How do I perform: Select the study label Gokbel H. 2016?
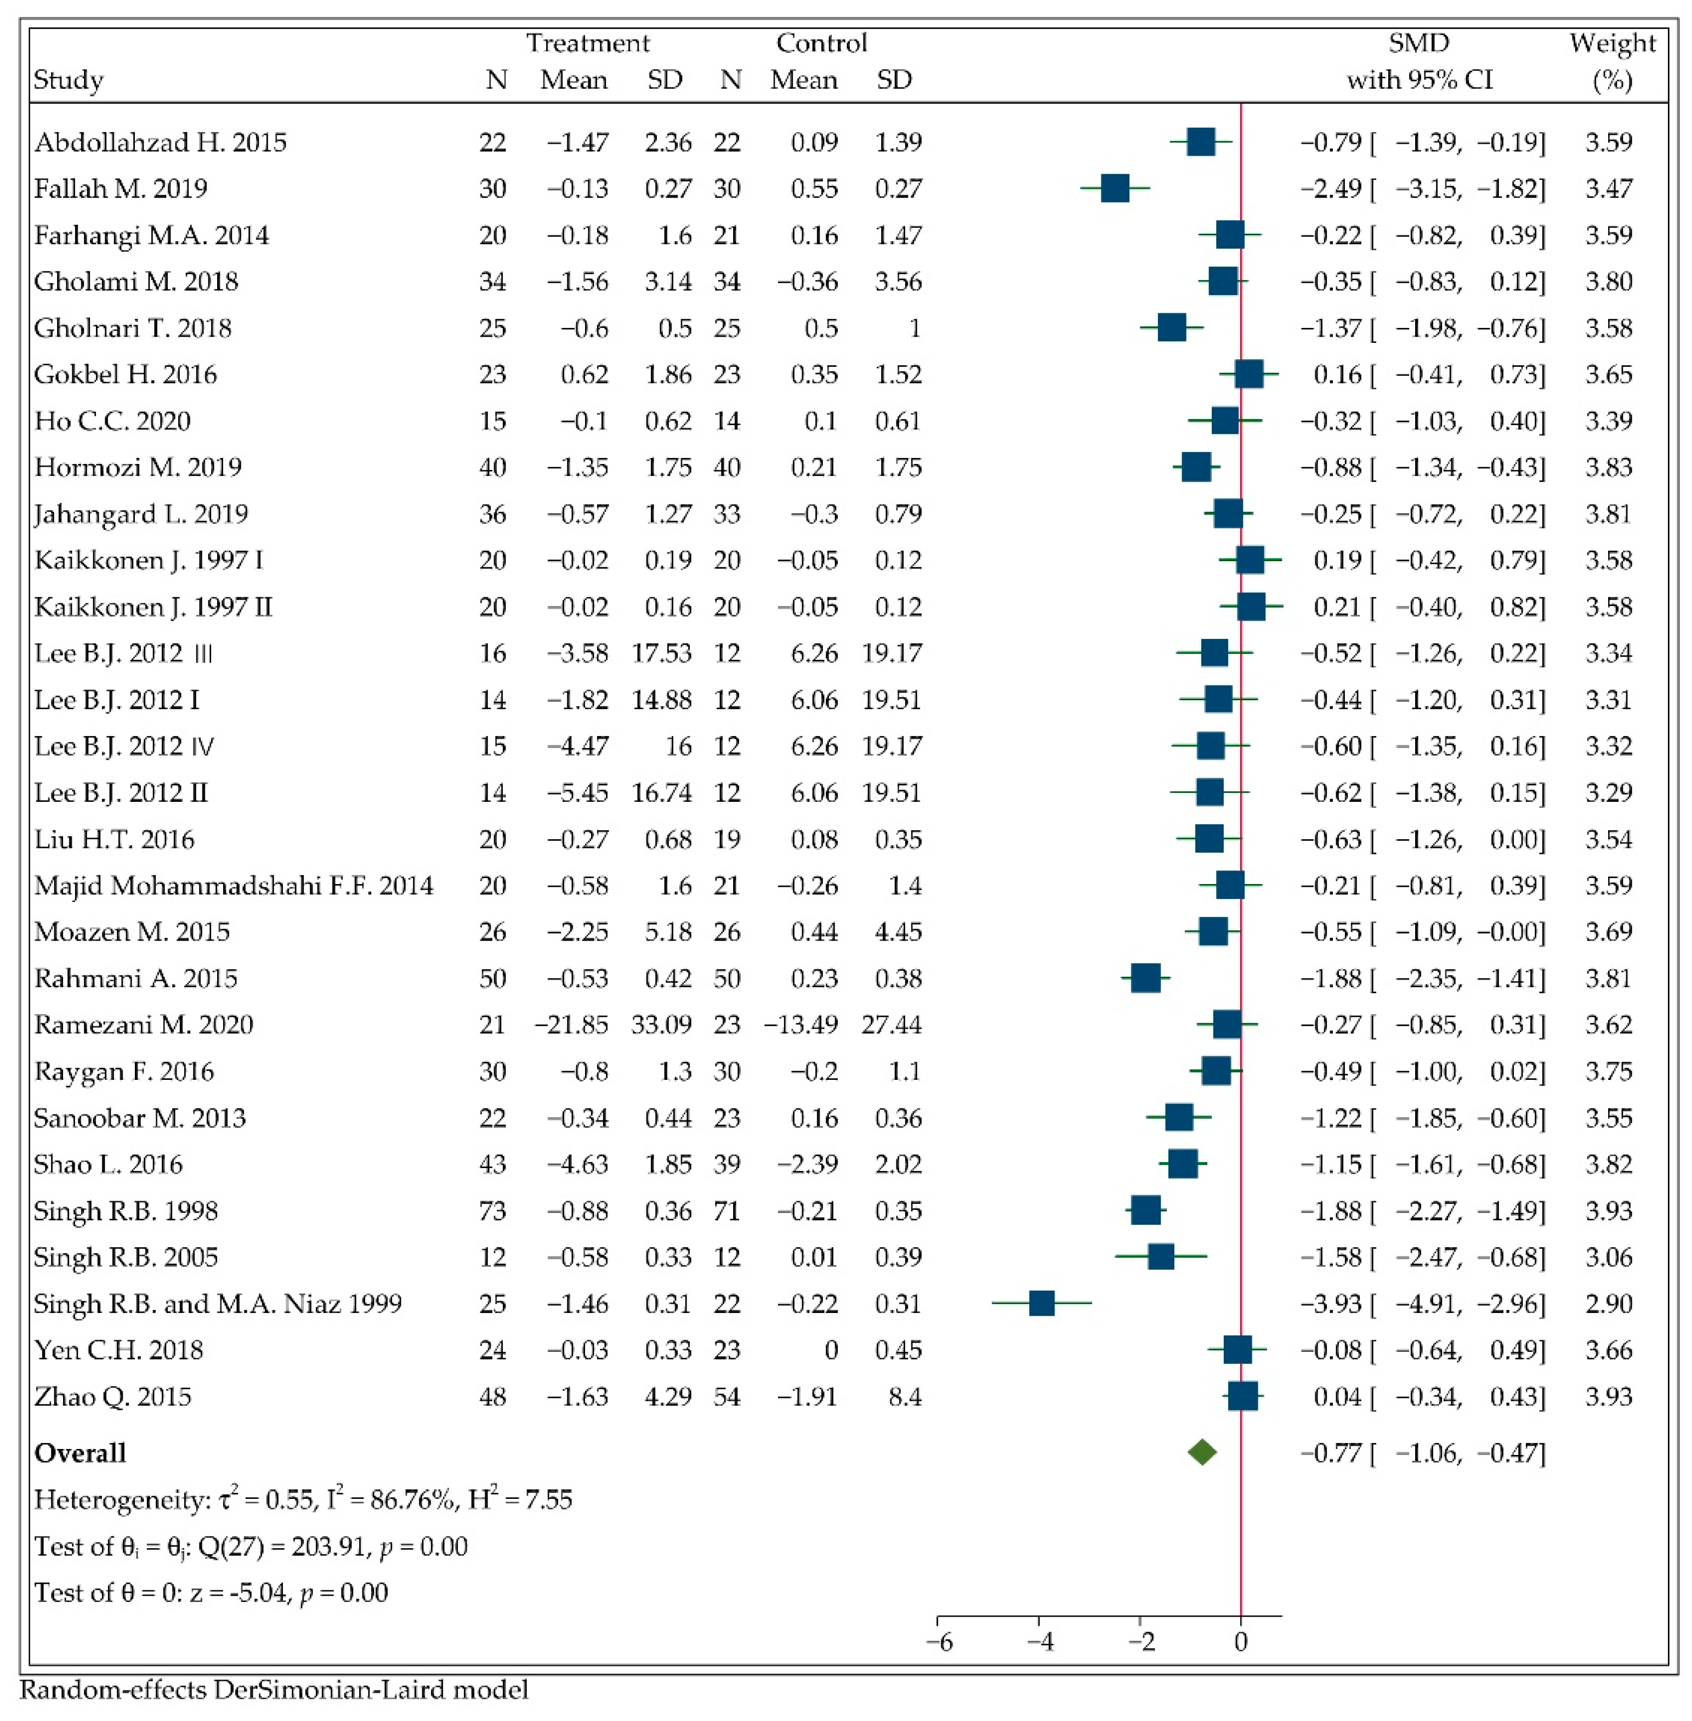[x=126, y=374]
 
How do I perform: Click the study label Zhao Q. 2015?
[x=113, y=1396]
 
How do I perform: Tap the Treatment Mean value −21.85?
[x=571, y=1025]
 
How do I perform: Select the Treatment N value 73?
[x=492, y=1211]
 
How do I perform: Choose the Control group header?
[x=821, y=43]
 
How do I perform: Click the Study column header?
[x=69, y=80]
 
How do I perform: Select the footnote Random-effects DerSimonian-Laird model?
[x=274, y=1689]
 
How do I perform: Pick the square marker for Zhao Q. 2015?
[x=1242, y=1396]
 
